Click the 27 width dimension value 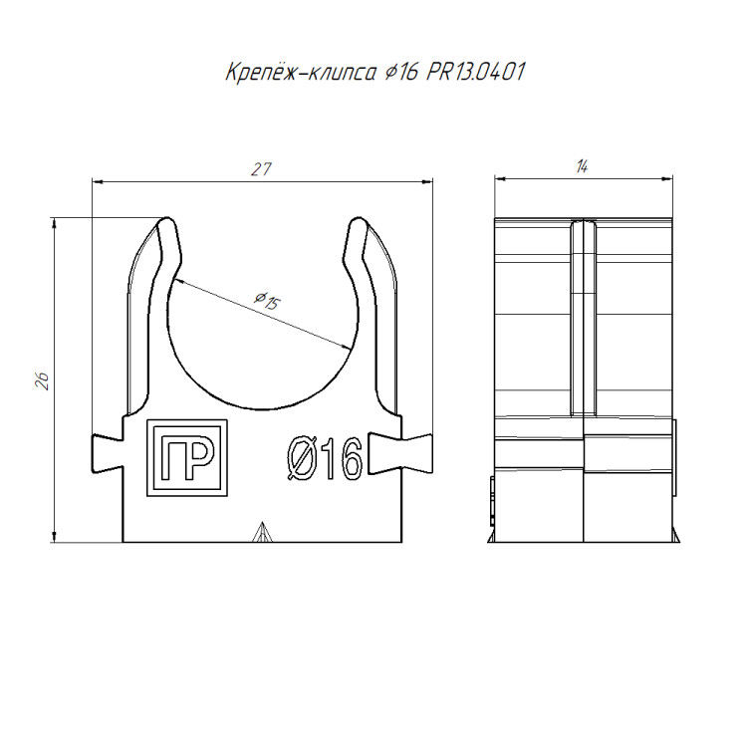point(261,169)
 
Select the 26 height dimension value point(43,381)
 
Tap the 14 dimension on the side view point(582,166)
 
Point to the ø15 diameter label point(267,301)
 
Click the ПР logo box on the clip point(187,458)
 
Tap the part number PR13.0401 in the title point(475,72)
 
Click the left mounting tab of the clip point(108,454)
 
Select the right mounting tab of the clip point(400,454)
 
